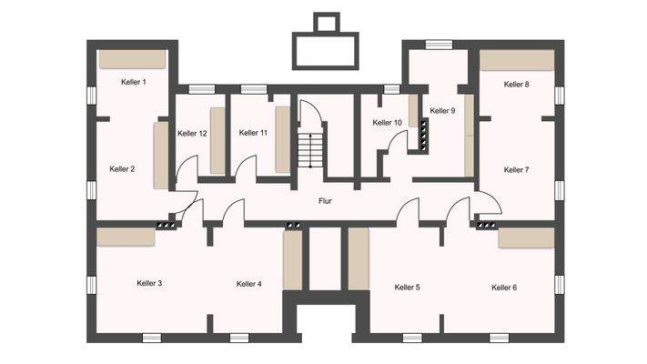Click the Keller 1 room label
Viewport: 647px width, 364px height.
point(134,82)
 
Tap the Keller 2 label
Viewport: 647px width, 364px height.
point(122,168)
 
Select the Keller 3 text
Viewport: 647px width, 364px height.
point(149,283)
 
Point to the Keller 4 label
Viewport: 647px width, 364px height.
point(248,283)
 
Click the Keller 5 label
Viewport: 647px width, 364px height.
point(407,287)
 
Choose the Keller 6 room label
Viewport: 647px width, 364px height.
point(504,287)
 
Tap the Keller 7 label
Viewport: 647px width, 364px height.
point(516,169)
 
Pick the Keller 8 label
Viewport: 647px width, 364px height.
point(516,84)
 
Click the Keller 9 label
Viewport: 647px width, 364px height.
point(443,110)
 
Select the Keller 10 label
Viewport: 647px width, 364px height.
point(387,122)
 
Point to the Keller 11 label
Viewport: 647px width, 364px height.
point(253,132)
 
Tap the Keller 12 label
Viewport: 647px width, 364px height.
point(192,133)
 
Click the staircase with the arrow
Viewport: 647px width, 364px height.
point(310,149)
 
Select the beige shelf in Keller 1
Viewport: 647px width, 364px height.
point(132,59)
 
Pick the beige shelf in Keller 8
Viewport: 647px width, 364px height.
point(517,59)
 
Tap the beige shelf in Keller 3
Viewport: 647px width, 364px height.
point(126,237)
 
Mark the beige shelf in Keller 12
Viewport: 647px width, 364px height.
point(217,140)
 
